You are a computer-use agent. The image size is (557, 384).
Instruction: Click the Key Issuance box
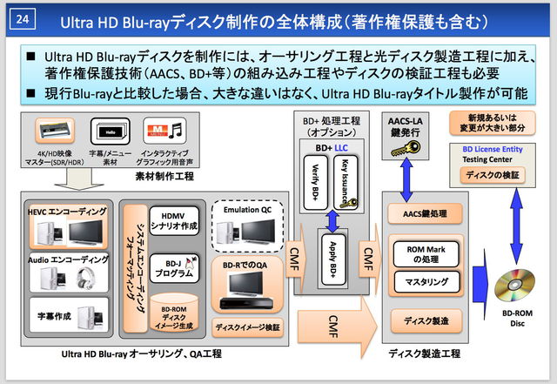tap(345, 181)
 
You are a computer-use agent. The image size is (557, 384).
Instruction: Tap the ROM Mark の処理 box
tap(425, 253)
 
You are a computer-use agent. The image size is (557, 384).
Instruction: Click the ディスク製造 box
tap(425, 321)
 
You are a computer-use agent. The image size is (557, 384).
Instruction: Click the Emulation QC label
tap(249, 209)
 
